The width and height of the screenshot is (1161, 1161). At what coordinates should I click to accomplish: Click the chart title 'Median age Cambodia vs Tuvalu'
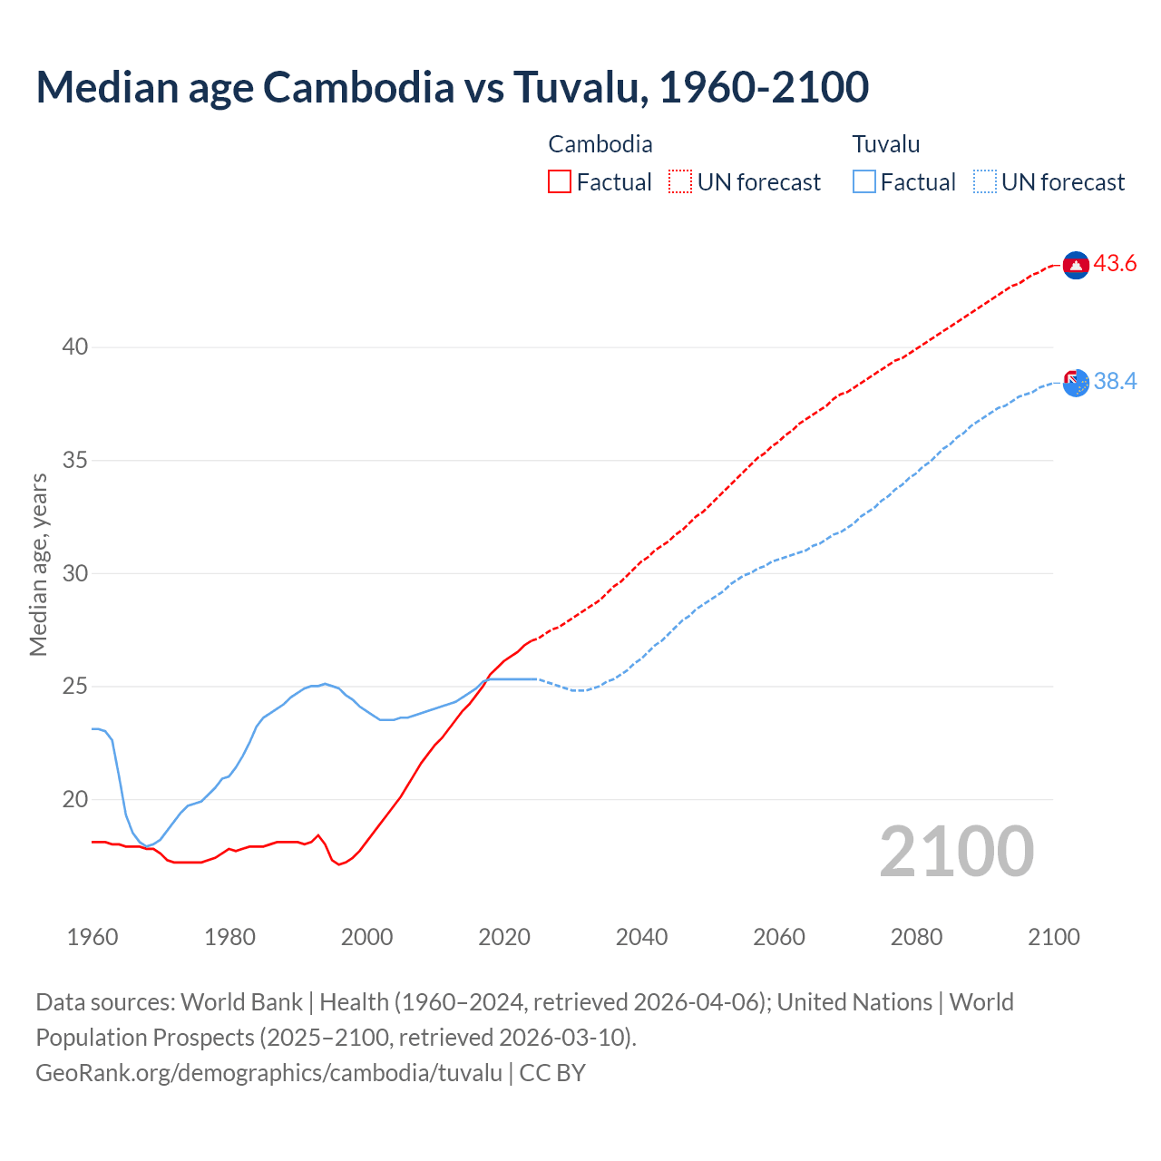coord(452,87)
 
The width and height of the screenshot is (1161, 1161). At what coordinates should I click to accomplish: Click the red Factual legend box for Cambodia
coord(560,182)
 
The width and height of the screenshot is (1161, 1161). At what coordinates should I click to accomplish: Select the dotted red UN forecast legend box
coord(680,182)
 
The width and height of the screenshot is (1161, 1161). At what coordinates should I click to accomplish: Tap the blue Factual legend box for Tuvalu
coord(864,182)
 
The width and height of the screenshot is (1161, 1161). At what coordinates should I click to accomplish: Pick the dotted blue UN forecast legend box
coord(985,182)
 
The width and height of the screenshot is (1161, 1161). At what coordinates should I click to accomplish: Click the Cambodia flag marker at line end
coord(1076,265)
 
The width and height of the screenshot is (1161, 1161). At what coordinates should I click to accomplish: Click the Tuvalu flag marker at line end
coord(1076,383)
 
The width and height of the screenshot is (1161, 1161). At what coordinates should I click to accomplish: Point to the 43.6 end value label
coord(1115,264)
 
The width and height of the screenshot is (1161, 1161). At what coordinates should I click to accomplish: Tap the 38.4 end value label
coord(1115,382)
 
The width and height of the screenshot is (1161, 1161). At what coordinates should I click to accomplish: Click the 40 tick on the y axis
coord(75,347)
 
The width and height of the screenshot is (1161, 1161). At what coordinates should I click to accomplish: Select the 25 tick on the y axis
coord(75,687)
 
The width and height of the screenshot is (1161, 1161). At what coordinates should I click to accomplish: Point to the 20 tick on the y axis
coord(75,800)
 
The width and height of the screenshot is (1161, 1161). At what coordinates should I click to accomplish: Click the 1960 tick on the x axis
coord(93,937)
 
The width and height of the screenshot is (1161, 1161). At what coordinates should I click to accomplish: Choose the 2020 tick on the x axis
coord(504,937)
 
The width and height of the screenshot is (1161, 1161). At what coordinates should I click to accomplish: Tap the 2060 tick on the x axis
coord(779,937)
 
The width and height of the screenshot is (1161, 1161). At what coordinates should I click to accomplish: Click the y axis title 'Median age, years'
coord(38,564)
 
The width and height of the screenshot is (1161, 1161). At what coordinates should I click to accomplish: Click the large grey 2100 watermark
coord(956,852)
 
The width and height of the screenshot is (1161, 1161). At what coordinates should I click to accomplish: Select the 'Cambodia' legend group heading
coord(600,144)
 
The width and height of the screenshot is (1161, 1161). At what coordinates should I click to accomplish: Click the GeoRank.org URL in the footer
coord(268,1073)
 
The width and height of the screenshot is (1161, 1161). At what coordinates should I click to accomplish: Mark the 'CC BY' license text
coord(552,1073)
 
